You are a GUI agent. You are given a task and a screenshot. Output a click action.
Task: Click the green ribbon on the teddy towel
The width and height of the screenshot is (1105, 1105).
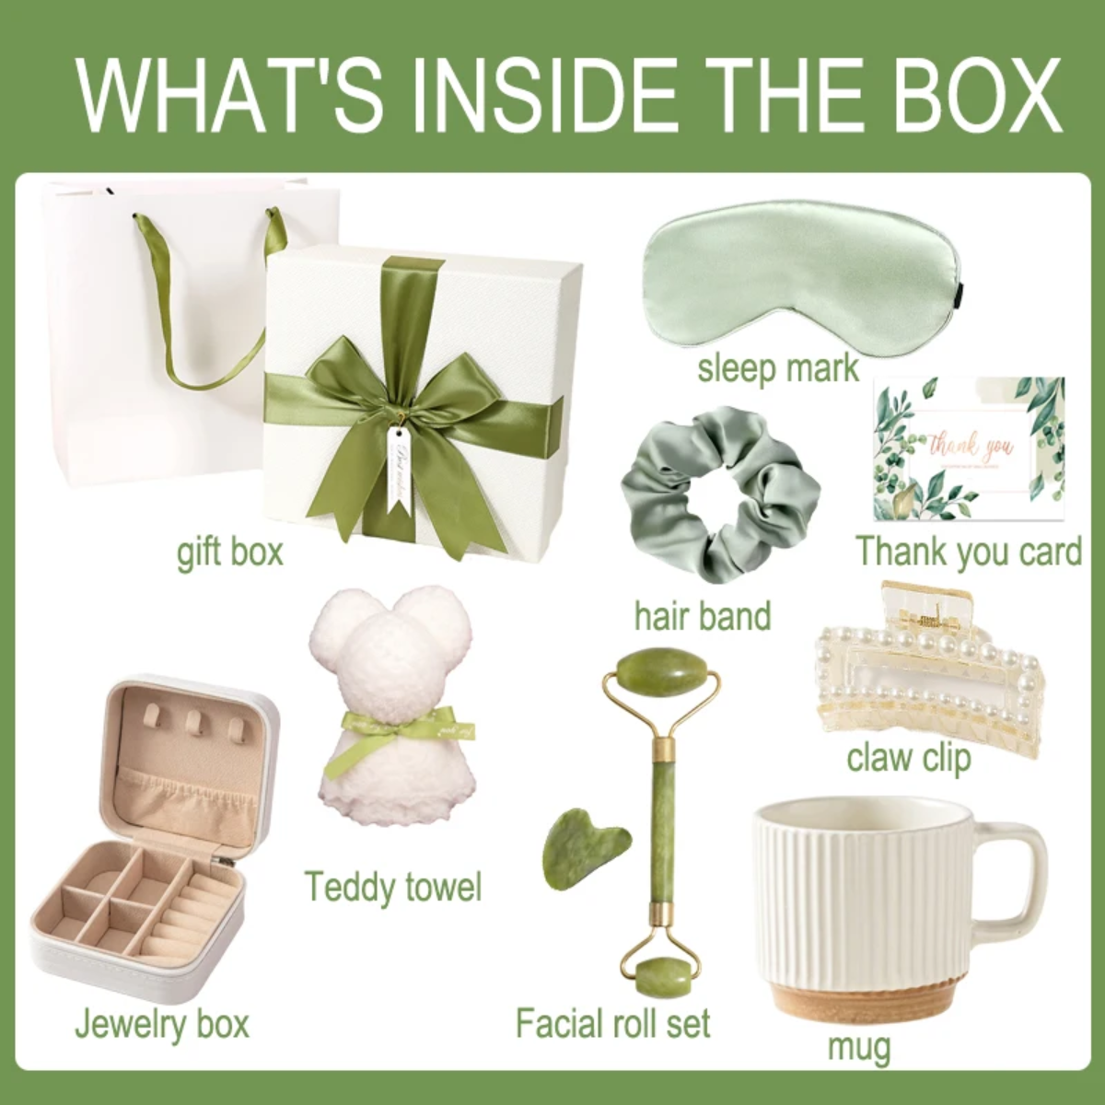pyautogui.click(x=396, y=727)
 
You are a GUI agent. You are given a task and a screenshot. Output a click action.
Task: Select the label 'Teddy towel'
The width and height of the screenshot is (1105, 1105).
pyautogui.click(x=393, y=886)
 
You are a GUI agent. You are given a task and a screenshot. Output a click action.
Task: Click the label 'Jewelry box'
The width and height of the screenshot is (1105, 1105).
pyautogui.click(x=162, y=1023)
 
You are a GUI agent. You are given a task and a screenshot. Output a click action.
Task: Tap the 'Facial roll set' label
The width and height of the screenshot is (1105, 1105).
pyautogui.click(x=613, y=1023)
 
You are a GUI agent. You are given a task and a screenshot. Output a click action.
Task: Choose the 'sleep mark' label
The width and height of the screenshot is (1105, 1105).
pyautogui.click(x=778, y=368)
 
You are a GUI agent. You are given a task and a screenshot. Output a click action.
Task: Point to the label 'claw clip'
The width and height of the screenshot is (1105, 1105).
pyautogui.click(x=909, y=758)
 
